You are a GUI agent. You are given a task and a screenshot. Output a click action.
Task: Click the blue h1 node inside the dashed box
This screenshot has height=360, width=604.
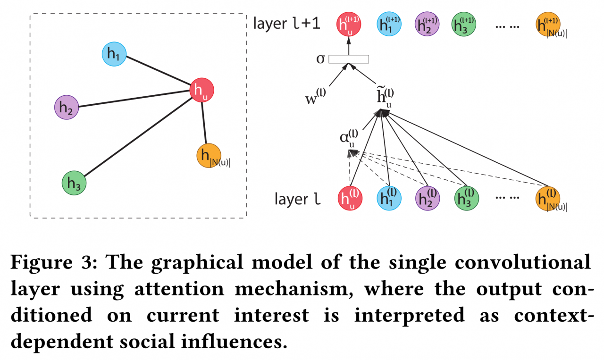pos(114,54)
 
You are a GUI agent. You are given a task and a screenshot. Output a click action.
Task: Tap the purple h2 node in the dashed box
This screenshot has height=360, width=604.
pos(66,107)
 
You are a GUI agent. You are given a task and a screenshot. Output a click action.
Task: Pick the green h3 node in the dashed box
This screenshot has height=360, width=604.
pos(74,184)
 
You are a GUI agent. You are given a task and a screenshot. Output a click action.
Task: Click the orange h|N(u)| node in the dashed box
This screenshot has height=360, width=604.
pos(209,155)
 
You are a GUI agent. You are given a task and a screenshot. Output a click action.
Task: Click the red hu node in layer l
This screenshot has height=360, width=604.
pos(350,198)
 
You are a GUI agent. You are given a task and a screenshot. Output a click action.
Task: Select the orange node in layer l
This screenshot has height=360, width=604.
pos(548,198)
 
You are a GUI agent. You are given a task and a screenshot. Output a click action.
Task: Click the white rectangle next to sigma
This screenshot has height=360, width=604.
pos(349,59)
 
